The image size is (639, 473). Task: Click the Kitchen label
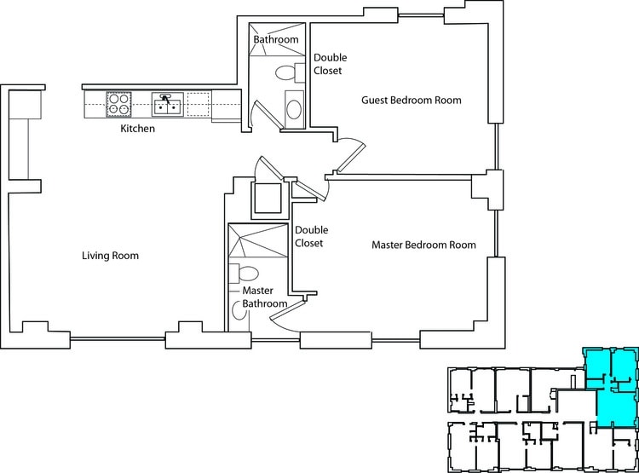(x=136, y=129)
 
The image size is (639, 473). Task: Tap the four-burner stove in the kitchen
(x=118, y=104)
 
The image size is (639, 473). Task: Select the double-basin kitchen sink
(x=166, y=104)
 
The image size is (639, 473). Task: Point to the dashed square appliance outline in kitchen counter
(x=198, y=104)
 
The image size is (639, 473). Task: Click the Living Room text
(x=110, y=256)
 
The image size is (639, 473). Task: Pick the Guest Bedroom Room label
(x=411, y=100)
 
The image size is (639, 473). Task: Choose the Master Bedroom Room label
(x=423, y=245)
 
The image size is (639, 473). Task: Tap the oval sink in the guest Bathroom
(x=292, y=109)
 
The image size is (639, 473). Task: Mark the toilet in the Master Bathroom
(x=248, y=274)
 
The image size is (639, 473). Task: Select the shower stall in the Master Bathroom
(x=258, y=241)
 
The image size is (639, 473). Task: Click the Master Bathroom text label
(x=258, y=297)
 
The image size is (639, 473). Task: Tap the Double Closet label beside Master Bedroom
(x=311, y=236)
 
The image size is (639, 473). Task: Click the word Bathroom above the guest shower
(x=276, y=39)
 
